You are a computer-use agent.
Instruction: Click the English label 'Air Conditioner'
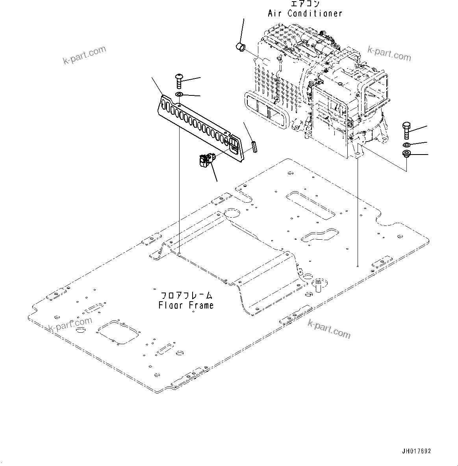[x=305, y=13]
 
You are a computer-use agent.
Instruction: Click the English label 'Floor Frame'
[x=186, y=305]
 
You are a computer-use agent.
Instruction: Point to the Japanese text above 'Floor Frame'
[x=186, y=296]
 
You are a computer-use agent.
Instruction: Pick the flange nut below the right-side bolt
[x=406, y=154]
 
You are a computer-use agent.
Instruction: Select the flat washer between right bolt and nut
[x=407, y=144]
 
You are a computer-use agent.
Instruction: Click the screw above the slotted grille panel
[x=180, y=81]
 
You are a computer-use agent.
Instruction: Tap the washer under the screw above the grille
[x=179, y=95]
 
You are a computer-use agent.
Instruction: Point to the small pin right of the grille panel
[x=254, y=146]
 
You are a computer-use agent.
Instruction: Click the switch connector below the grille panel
[x=206, y=160]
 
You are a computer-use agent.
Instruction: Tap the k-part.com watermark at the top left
[x=84, y=55]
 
